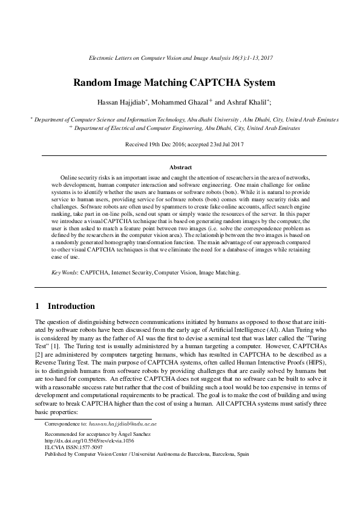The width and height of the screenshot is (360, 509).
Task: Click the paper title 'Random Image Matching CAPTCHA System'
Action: (180, 82)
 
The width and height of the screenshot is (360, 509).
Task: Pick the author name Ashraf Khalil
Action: (246, 103)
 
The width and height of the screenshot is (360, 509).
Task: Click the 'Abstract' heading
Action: (180, 167)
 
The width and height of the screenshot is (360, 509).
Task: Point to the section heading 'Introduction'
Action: (71, 306)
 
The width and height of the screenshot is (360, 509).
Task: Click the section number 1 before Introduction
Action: (38, 306)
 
